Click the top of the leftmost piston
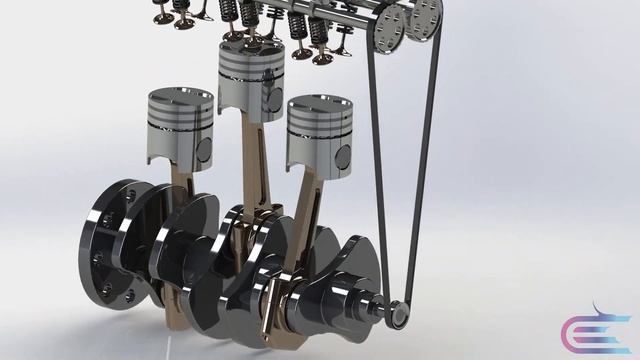click(x=180, y=97)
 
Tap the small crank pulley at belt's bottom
click(x=398, y=315)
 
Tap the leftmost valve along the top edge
click(x=160, y=12)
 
